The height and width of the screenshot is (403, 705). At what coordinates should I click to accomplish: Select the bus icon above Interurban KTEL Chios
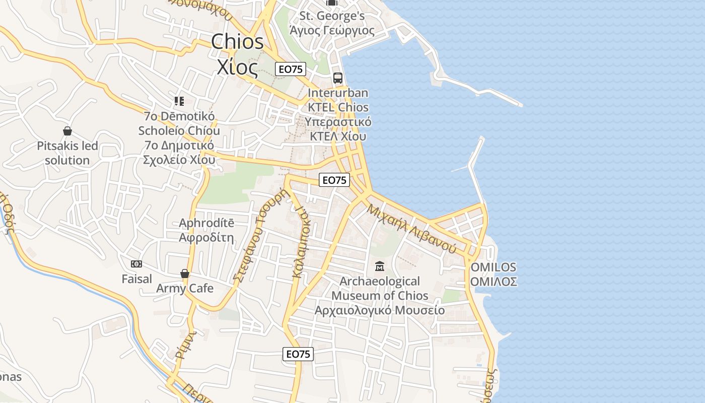337,78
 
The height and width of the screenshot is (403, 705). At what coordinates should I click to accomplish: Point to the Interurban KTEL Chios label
338,115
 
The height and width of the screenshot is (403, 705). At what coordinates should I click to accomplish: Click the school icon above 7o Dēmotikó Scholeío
179,101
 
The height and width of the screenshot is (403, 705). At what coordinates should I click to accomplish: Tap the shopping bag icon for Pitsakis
67,131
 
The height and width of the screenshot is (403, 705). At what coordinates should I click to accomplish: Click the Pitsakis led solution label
67,153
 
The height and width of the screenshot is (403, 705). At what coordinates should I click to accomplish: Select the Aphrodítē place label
206,230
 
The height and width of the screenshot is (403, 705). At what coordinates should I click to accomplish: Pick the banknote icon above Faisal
136,264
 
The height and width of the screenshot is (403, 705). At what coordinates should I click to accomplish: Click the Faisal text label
136,279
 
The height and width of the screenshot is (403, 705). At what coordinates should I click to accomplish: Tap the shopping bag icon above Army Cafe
185,274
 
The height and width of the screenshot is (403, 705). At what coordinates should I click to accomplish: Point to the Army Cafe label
185,289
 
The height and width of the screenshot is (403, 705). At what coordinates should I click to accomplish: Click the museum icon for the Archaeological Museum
380,266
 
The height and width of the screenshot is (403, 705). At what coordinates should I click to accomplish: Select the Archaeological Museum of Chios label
380,295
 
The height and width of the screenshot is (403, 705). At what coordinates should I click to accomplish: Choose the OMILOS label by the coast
493,274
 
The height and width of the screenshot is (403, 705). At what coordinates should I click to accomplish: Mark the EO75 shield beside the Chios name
291,69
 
